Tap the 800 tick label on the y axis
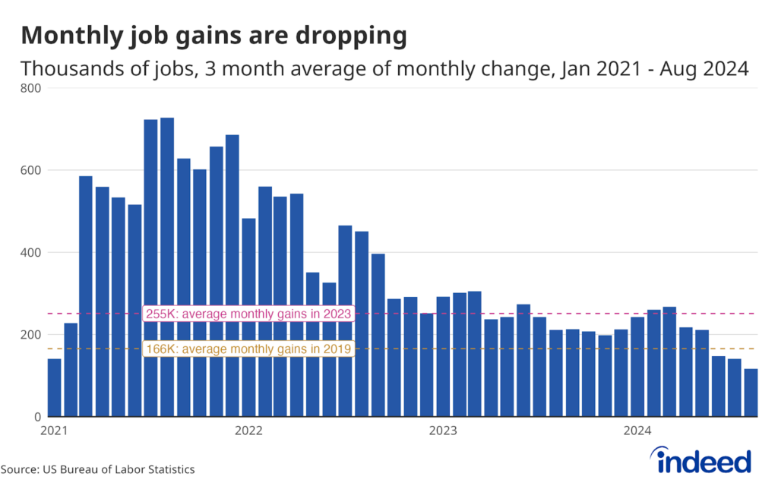pos(33,88)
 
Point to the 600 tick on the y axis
pos(33,170)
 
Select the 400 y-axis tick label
pos(33,252)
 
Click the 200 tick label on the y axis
pos(33,335)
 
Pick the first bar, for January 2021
pos(54,387)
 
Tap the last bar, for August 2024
pos(751,393)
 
